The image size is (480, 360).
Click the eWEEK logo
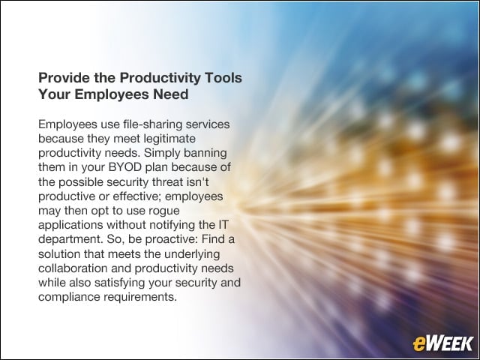pyautogui.click(x=442, y=343)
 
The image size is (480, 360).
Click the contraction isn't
pyautogui.click(x=197, y=181)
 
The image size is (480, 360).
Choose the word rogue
pyautogui.click(x=163, y=211)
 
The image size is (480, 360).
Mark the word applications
pyautogui.click(x=70, y=225)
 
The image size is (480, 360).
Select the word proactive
pyautogui.click(x=170, y=239)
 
